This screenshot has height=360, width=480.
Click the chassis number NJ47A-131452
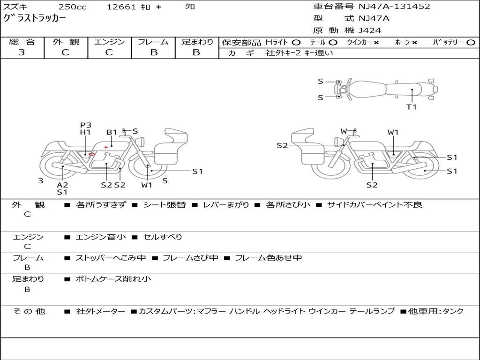coord(394,7)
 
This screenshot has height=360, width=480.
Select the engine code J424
coord(369,30)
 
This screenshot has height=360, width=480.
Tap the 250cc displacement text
coord(72,7)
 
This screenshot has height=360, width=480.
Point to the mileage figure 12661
coord(121,7)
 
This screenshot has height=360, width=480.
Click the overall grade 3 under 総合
coord(22,52)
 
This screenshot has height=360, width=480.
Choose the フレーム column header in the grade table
coord(153,42)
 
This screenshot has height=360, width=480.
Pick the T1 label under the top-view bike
coord(412,107)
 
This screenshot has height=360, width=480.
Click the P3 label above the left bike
coord(86,125)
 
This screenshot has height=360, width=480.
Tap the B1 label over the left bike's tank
coord(112,132)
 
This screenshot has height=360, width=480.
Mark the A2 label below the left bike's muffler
coord(62,185)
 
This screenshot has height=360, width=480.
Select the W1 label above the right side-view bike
coord(393,132)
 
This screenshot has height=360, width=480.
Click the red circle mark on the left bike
coord(92,154)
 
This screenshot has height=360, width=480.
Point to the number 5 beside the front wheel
coord(165,181)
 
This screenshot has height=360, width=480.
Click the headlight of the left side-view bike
coord(142,142)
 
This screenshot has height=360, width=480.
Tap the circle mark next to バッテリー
coord(471,43)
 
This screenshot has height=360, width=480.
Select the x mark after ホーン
coord(414,43)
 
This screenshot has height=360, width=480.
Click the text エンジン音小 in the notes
coord(101,237)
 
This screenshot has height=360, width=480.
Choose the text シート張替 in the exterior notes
coord(165,205)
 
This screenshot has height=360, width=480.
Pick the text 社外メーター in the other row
coord(101,311)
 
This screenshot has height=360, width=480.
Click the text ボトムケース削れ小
coord(113,279)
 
